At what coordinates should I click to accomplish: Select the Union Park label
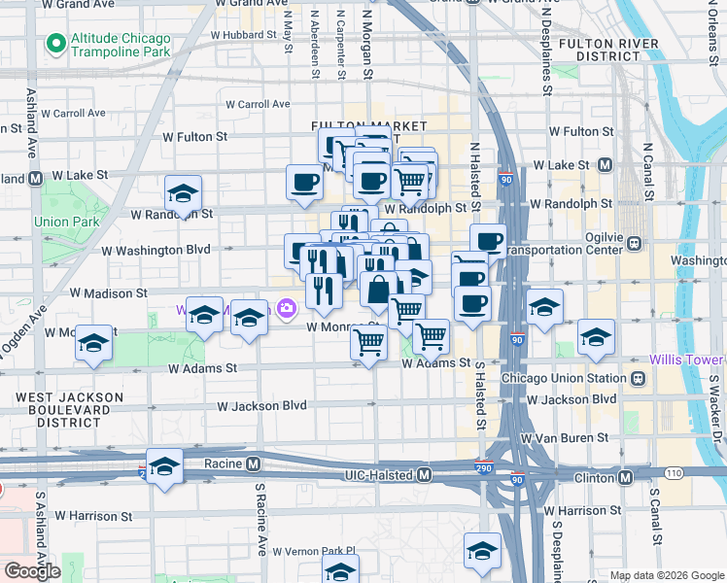(67, 222)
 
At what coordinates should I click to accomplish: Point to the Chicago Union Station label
(565, 378)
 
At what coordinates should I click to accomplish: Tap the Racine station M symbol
(253, 463)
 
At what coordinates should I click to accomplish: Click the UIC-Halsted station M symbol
(424, 475)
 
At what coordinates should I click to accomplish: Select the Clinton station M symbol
(625, 477)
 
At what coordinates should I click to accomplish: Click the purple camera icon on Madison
(287, 309)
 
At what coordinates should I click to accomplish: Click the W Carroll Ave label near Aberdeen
(258, 104)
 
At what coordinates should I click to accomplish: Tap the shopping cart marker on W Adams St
(369, 343)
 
